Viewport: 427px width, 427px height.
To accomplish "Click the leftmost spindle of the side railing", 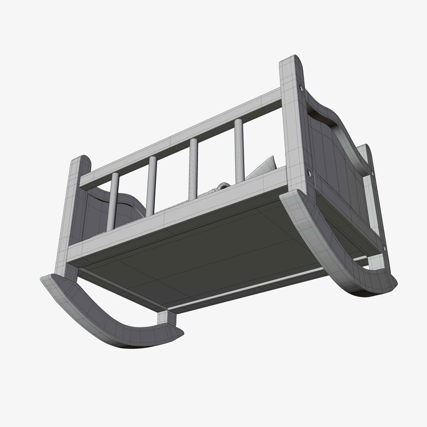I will point(112,202).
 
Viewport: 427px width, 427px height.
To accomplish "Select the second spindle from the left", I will point(151,186).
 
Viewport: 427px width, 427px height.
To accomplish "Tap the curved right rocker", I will point(336,253).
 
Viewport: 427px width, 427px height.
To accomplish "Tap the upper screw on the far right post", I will point(372,173).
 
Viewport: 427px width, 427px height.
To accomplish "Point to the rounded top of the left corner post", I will point(81,160).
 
